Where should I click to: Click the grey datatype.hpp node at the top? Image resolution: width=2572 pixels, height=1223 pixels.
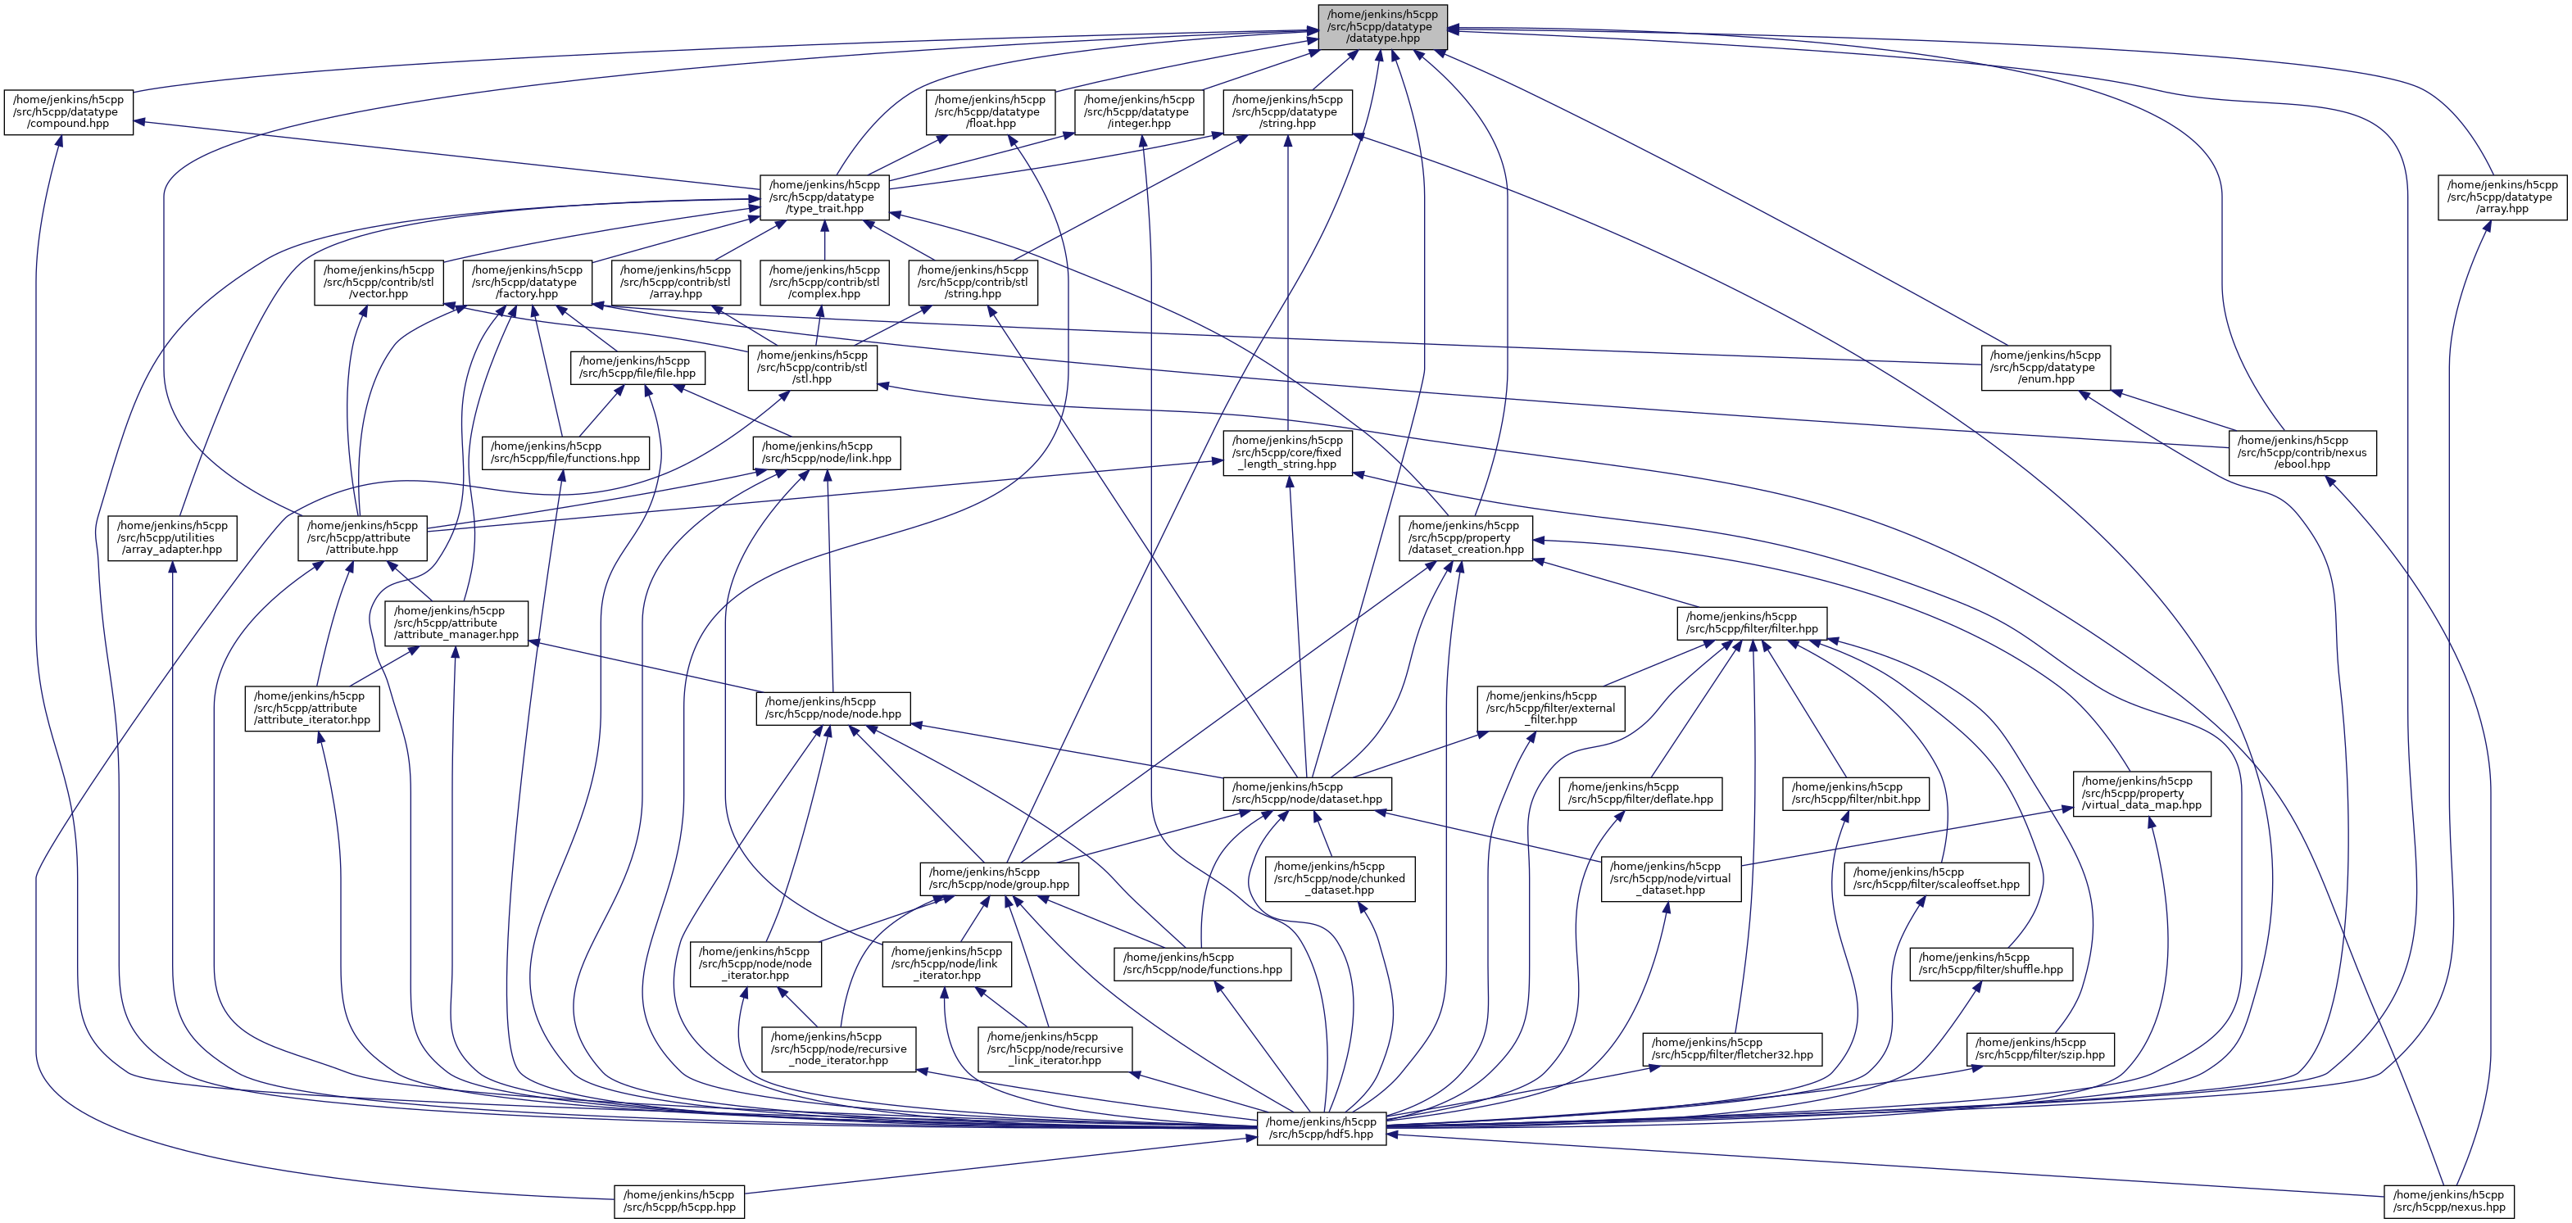pos(1383,27)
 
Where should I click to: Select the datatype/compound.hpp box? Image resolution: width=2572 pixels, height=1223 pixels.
pos(69,112)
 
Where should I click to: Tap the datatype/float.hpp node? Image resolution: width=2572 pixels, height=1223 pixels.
pos(991,112)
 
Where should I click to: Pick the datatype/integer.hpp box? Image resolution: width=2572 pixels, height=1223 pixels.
pos(1138,112)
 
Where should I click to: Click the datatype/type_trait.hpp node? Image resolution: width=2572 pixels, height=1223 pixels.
pos(823,197)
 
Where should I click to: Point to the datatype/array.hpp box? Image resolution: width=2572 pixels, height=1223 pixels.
pos(2502,197)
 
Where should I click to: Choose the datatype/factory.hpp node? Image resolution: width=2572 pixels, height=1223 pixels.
pos(527,282)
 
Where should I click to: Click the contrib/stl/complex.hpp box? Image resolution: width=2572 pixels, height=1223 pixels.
pos(823,282)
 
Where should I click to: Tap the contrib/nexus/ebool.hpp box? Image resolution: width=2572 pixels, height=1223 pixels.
pos(2302,452)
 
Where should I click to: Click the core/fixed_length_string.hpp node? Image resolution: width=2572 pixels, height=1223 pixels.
pos(1287,452)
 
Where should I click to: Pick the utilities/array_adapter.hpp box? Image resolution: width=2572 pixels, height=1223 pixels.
pos(172,537)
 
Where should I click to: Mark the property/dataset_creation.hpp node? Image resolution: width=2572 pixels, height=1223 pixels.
pos(1465,537)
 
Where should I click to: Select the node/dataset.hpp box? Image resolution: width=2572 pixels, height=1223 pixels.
pos(1307,794)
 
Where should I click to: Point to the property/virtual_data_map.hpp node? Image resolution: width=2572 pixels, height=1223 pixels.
pos(2142,794)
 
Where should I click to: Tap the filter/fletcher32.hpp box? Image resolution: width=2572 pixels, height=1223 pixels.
pos(1732,1049)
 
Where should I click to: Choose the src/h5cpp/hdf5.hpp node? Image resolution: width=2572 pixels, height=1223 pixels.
pos(1321,1128)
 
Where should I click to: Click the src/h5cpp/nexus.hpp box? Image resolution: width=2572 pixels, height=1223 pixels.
pos(2448,1201)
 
